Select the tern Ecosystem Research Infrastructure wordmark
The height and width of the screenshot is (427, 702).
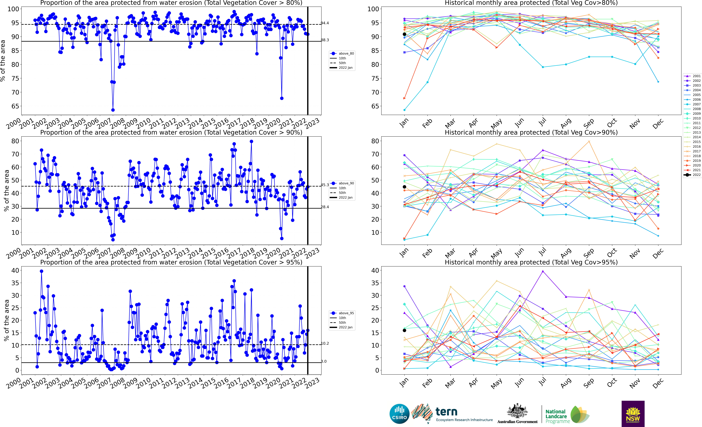click(464, 415)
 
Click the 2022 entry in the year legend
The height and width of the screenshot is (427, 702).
click(693, 175)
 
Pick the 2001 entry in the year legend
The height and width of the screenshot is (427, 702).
click(693, 76)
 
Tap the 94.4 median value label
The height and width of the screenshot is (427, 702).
click(325, 23)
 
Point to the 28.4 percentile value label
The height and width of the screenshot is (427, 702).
click(325, 207)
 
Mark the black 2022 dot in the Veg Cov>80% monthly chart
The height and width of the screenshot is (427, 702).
click(404, 34)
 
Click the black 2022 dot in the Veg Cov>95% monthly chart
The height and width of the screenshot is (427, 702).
click(404, 331)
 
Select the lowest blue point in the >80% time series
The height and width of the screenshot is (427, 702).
click(113, 110)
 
